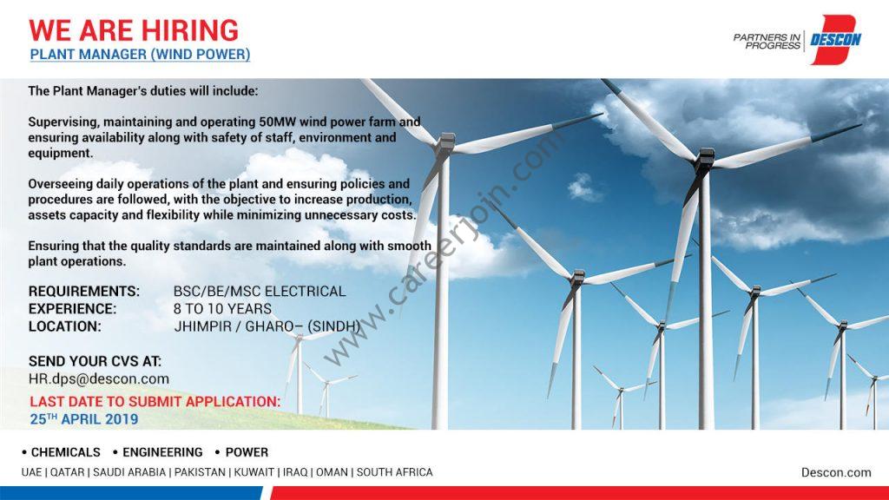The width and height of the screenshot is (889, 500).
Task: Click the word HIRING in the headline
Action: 190,30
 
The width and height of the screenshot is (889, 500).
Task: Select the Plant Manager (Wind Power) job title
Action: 140,55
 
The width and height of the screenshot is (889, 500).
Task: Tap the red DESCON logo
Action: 835,39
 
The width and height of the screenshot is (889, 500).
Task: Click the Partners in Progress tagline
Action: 767,41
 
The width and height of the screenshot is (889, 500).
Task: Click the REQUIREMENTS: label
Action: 84,292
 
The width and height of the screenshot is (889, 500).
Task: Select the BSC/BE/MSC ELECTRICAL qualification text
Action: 260,292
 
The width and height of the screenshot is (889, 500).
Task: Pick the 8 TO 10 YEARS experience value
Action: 222,309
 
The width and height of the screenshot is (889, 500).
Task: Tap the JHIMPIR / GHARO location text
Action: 267,326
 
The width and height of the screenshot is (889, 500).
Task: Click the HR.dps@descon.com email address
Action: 99,378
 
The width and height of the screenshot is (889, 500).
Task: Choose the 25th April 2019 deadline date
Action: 84,419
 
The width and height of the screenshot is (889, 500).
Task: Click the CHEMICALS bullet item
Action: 62,452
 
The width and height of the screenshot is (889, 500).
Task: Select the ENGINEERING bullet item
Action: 158,452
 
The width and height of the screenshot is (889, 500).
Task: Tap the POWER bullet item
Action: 241,452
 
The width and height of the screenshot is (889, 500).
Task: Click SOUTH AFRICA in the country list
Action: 395,472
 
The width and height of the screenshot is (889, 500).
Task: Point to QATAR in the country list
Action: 67,472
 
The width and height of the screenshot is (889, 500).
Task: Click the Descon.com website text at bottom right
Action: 836,472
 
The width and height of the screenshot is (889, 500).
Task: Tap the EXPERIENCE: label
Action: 73,309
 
